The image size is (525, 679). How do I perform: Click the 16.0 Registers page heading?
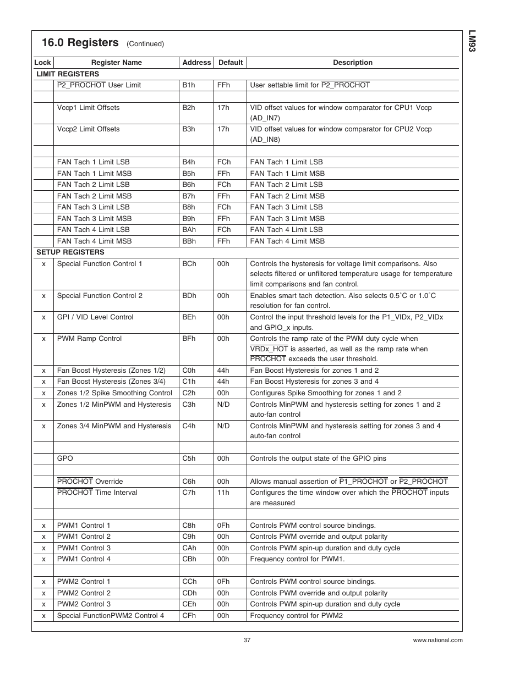80,43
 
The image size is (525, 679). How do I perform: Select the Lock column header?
42,63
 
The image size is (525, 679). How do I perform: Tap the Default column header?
230,63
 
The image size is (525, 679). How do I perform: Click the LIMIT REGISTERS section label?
68,74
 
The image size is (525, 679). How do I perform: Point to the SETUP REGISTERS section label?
70,252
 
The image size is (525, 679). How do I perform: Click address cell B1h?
189,85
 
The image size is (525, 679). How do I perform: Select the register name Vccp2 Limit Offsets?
88,129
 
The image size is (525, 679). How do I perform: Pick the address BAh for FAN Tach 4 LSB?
189,230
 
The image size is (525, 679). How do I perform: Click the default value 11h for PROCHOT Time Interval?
223,493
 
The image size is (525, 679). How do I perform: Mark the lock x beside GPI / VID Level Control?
43,317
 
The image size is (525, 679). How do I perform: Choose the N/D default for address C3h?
223,405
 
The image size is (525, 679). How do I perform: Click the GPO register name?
65,459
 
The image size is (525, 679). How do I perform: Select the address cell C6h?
189,482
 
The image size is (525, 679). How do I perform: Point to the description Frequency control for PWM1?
297,559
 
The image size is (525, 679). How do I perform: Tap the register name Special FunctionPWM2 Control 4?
111,616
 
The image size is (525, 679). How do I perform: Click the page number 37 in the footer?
247,640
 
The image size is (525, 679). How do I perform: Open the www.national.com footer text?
437,640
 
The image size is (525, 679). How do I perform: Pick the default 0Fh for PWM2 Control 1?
223,582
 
